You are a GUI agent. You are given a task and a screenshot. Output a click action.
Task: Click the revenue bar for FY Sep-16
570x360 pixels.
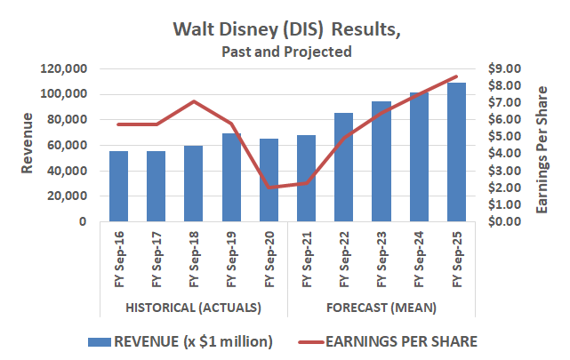pyautogui.click(x=118, y=186)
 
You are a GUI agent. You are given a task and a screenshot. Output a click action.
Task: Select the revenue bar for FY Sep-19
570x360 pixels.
pyautogui.click(x=231, y=177)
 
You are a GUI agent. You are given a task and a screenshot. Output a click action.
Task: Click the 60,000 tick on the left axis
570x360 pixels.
pyautogui.click(x=67, y=145)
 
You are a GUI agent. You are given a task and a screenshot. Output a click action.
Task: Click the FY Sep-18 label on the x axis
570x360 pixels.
pyautogui.click(x=194, y=259)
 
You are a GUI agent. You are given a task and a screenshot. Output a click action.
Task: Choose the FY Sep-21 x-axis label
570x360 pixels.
pyautogui.click(x=307, y=259)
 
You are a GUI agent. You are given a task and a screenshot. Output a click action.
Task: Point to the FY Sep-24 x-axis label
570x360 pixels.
pyautogui.click(x=419, y=259)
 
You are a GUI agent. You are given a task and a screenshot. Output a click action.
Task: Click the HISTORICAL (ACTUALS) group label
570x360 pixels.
pyautogui.click(x=193, y=308)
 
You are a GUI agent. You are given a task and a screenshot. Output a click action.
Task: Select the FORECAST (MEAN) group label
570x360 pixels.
pyautogui.click(x=381, y=308)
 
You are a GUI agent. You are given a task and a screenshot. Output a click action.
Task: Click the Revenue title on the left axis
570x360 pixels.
pyautogui.click(x=28, y=144)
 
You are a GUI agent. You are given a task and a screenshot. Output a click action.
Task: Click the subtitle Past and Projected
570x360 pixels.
pyautogui.click(x=286, y=52)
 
